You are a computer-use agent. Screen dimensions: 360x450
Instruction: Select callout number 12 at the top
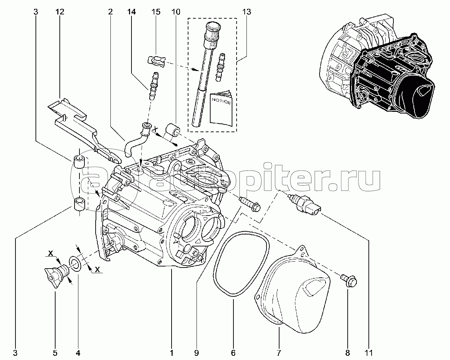pos(60,12)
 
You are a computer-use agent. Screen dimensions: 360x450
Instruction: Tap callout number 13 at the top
pos(246,12)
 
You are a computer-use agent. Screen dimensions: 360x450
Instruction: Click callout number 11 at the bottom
pos(369,353)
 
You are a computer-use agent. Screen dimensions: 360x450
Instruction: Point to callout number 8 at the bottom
pos(347,353)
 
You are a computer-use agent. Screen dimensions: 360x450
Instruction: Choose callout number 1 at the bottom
pos(172,353)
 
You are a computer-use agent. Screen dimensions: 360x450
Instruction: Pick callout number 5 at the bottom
pos(55,353)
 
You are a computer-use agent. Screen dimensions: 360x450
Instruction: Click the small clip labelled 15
pos(155,61)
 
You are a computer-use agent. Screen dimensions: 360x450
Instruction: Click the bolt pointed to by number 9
pos(250,204)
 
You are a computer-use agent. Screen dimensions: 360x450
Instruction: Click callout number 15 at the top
pos(156,12)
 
